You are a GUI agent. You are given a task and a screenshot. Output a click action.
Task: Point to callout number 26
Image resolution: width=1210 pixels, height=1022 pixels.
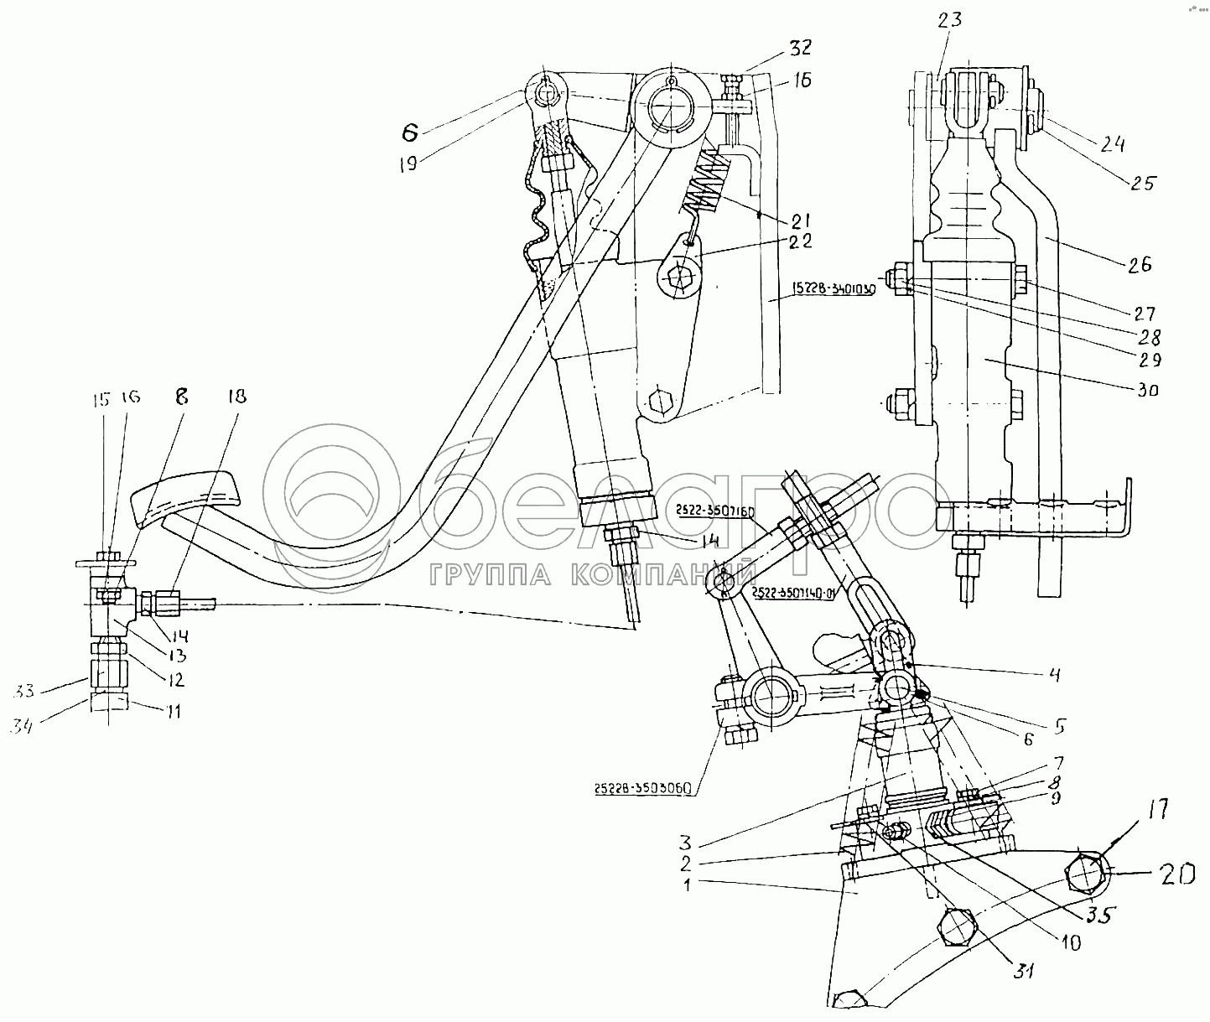[x=1139, y=264]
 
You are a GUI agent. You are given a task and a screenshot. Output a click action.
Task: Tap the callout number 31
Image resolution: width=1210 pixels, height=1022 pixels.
[x=1022, y=972]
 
